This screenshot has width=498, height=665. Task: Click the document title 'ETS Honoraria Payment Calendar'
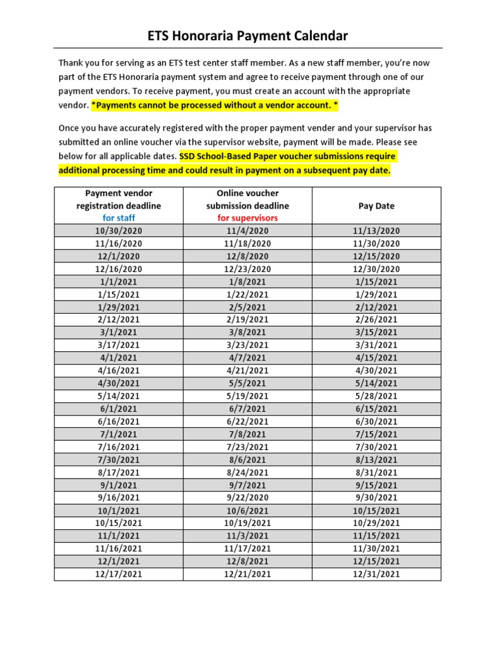pos(248,36)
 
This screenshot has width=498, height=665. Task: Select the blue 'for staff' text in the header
pos(119,218)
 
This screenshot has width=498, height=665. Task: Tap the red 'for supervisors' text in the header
pos(248,218)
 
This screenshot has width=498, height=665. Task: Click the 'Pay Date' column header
pos(376,205)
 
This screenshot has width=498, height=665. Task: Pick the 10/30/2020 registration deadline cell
pos(119,231)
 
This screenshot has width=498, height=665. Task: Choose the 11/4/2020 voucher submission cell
pos(248,231)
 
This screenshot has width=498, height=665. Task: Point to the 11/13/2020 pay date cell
pos(376,231)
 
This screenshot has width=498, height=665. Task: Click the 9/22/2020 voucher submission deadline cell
pos(248,497)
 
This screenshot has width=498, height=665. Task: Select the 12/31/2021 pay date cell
pos(376,574)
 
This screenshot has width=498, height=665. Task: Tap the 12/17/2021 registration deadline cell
pos(119,574)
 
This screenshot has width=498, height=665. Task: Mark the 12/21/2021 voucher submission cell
pos(248,574)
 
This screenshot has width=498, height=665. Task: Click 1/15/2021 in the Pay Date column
pos(376,281)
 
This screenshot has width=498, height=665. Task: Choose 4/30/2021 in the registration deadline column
pos(119,383)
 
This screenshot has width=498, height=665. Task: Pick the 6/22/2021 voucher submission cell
pos(248,421)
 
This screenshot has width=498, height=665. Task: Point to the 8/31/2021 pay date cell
pos(376,472)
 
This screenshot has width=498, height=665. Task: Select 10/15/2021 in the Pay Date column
pos(376,510)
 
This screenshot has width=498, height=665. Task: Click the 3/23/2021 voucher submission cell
pos(248,345)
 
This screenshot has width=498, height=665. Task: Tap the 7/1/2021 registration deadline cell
pos(119,434)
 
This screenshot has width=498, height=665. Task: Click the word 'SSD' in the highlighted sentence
pos(189,157)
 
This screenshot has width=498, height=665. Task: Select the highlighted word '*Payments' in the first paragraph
pos(113,105)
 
